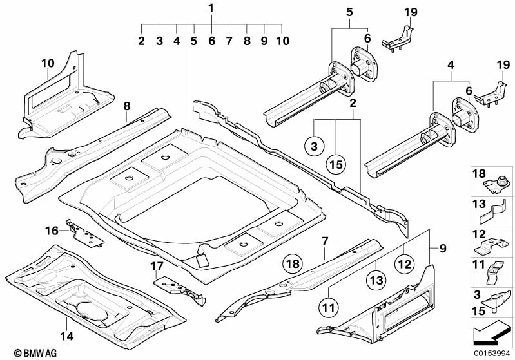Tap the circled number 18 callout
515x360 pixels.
pos(293,263)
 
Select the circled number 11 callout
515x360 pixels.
pos(329,308)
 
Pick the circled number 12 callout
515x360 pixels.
pos(403,262)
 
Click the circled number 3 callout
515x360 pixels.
pos(314,147)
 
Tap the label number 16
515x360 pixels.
pos(51,229)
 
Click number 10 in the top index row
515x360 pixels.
pos(282,41)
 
